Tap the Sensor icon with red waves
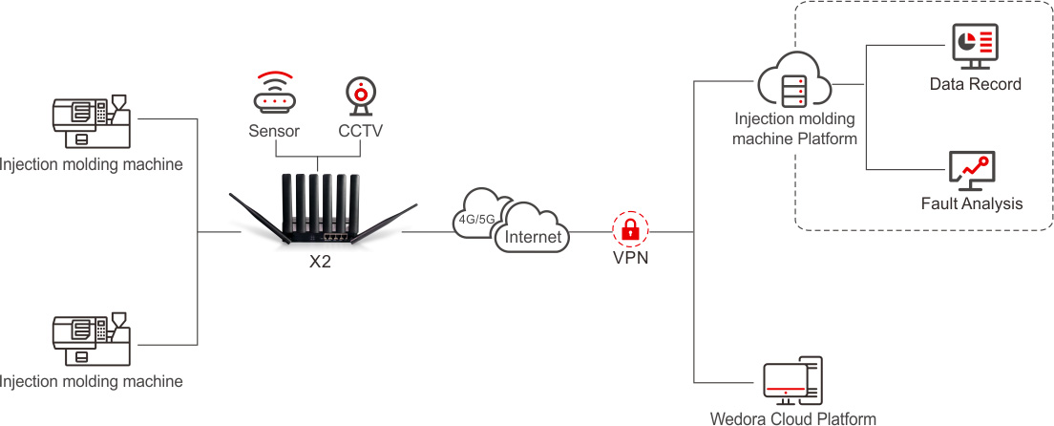[x=274, y=94]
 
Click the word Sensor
[x=274, y=131]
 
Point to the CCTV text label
[x=360, y=131]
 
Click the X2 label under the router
[x=320, y=262]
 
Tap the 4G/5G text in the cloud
[x=476, y=219]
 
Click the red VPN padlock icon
[x=630, y=229]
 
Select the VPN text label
[x=630, y=257]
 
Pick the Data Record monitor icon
[x=975, y=47]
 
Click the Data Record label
[x=975, y=84]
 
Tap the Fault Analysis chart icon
[x=972, y=170]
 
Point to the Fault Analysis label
[x=972, y=203]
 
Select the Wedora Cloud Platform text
[x=792, y=418]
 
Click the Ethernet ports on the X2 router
[x=334, y=236]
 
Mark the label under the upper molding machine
[x=91, y=165]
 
